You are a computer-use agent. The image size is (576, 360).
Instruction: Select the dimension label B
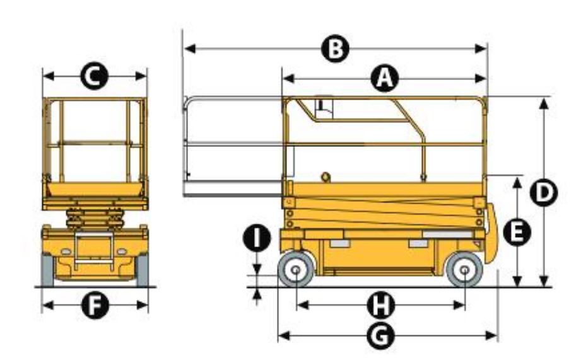[x=334, y=49]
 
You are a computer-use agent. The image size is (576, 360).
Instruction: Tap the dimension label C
[x=95, y=76]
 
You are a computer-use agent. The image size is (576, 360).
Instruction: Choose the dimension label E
[x=517, y=232]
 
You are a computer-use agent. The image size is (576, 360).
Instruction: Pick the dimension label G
[x=381, y=336]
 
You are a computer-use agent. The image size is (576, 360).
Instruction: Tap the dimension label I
[x=257, y=238]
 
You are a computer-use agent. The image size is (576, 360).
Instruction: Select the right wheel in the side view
[x=464, y=270]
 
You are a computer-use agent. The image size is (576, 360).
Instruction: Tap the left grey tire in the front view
[x=48, y=270]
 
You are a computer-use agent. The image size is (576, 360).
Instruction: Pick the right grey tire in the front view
[x=143, y=270]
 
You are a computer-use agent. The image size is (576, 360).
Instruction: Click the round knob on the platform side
[x=326, y=177]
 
